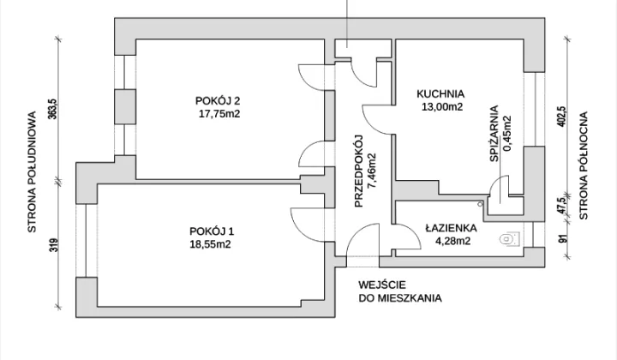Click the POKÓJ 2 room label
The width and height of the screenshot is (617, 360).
(218, 100)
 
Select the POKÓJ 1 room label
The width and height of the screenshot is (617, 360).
(212, 231)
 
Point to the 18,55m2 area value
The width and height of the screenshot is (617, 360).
(212, 243)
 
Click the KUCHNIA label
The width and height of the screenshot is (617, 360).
(440, 94)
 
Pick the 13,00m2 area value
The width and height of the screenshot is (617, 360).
(440, 107)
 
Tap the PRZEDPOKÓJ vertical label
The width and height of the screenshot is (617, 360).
(360, 172)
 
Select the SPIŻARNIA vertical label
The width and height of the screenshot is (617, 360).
(494, 130)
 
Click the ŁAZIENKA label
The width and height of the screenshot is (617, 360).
(451, 229)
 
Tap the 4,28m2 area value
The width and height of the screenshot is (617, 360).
(451, 242)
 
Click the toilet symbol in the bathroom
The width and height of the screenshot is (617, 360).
(511, 238)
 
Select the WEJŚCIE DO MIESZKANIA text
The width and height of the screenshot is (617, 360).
(400, 292)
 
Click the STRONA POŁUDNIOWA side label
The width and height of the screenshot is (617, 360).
(32, 172)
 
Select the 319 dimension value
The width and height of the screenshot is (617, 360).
(52, 246)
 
